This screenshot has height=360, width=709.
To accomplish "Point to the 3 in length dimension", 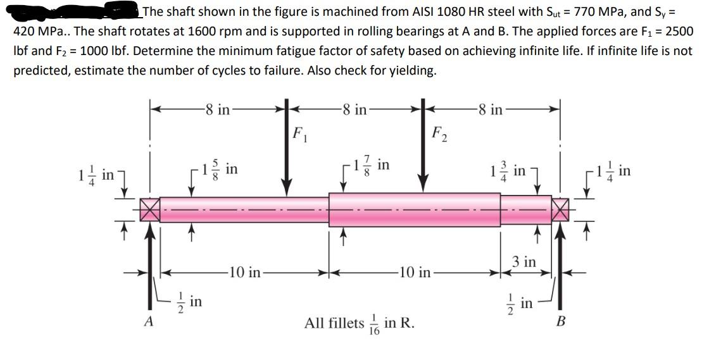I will (524, 261).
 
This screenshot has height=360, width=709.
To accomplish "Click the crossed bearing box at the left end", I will (149, 209).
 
